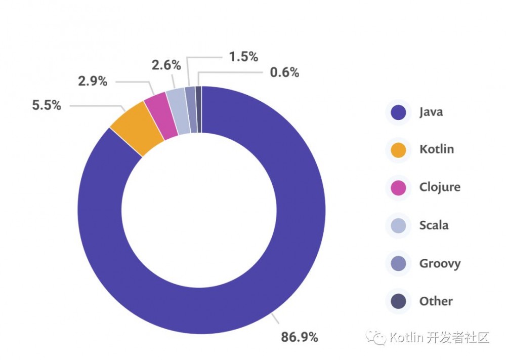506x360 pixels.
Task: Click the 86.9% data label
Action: pos(300,337)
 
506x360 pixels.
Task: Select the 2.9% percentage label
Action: pos(92,81)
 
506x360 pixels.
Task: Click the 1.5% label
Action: pos(243,57)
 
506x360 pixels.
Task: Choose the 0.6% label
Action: pos(284,72)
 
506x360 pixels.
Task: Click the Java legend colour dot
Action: pos(399,112)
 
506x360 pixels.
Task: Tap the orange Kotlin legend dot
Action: pos(399,150)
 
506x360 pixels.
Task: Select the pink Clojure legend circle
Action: pos(399,188)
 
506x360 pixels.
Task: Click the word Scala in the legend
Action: pos(434,225)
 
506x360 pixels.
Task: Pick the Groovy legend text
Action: pos(440,263)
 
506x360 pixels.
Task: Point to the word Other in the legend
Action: pos(436,301)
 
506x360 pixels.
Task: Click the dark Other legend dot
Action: pos(399,302)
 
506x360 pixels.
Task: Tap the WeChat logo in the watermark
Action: pos(377,337)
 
